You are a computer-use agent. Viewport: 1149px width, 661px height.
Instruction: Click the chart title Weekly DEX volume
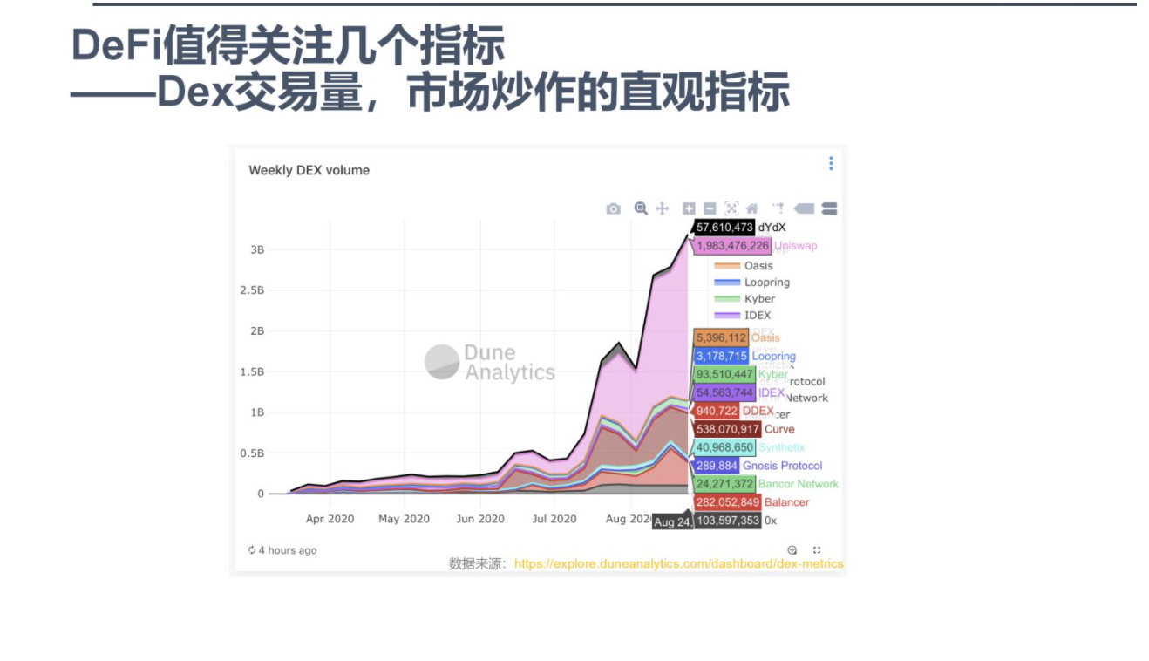[309, 170]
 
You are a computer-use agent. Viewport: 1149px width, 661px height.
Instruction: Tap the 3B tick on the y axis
[257, 249]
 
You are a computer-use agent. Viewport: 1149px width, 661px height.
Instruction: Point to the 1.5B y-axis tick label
[252, 371]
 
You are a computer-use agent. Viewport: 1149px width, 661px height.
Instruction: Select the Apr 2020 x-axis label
[330, 519]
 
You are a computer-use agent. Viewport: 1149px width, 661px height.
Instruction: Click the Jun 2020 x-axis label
[480, 519]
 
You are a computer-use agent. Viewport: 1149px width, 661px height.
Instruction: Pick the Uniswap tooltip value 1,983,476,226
[732, 246]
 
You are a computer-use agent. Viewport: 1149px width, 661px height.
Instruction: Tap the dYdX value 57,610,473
[724, 228]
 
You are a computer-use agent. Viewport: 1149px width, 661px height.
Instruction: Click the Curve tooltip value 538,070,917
[727, 429]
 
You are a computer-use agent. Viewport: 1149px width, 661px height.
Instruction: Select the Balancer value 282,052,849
[727, 502]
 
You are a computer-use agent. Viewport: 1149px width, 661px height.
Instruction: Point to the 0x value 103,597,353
[727, 521]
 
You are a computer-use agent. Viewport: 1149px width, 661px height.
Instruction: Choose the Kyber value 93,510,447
[724, 374]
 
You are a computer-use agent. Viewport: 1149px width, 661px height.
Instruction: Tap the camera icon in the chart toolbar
[614, 208]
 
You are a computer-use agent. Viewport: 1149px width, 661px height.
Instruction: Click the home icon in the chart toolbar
[751, 208]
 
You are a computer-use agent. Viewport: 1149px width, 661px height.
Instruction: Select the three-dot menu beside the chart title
[831, 163]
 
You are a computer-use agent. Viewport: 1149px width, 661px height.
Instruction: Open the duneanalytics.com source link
[678, 563]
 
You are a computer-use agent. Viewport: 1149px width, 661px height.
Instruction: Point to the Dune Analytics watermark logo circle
[442, 362]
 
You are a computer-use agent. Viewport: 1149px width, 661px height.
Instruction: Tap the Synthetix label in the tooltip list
[781, 447]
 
